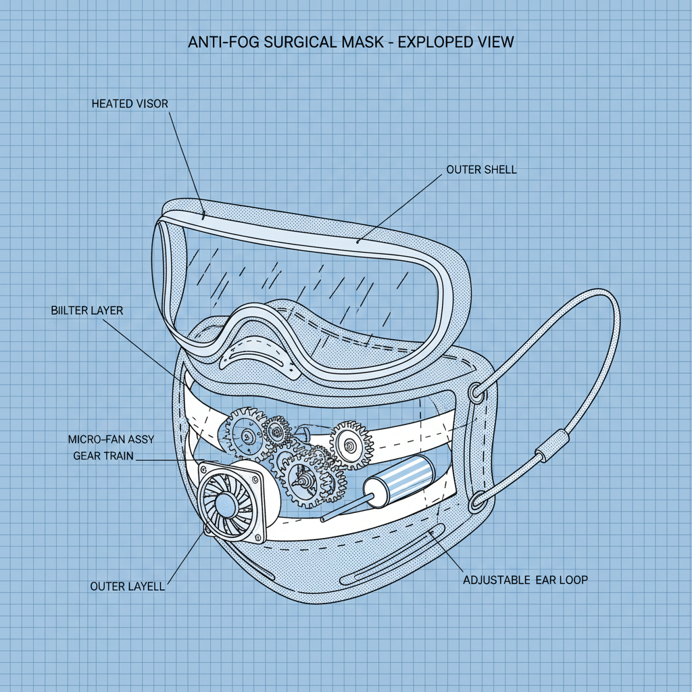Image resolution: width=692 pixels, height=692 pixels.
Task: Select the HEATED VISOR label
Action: click(x=130, y=103)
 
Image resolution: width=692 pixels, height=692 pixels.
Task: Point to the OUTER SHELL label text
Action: click(x=481, y=170)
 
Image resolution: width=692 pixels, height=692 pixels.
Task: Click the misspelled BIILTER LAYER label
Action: click(x=86, y=311)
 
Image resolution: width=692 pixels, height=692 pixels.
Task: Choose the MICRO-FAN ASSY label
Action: click(x=111, y=439)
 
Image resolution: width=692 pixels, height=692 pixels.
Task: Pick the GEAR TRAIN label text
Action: click(x=103, y=455)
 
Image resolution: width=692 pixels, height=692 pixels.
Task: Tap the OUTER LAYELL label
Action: click(x=127, y=586)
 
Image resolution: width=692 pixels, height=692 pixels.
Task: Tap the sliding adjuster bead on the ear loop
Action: click(x=549, y=445)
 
